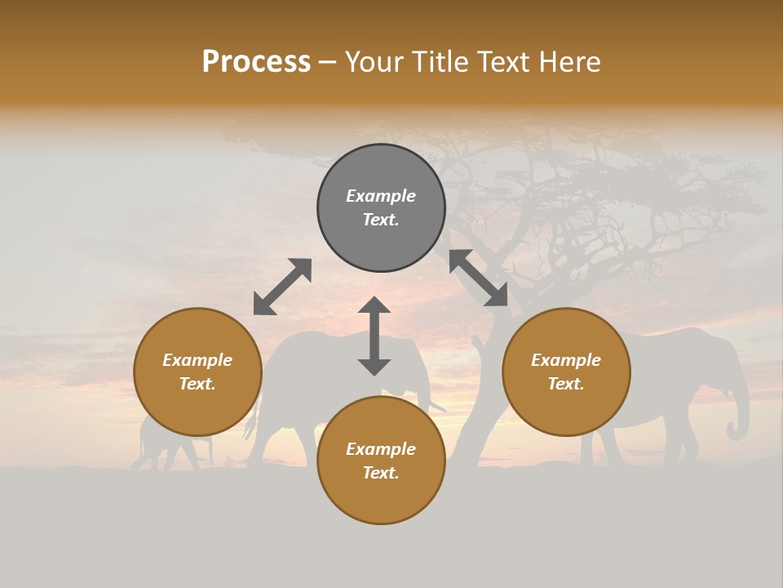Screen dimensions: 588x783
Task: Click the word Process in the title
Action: (256, 62)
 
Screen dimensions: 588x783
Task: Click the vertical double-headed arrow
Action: (374, 336)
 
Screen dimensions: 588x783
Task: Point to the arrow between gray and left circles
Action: (282, 287)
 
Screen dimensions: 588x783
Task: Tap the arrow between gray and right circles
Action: (478, 278)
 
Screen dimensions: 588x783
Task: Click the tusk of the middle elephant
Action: (437, 406)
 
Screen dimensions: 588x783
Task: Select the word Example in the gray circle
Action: (381, 196)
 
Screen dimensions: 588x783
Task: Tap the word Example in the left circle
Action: (197, 360)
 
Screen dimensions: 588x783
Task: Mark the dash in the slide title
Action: (327, 62)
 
